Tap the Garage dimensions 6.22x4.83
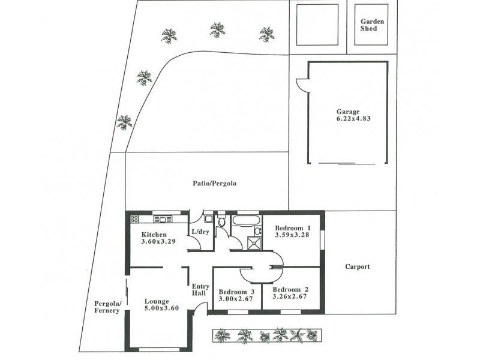pos(348,119)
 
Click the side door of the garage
pos(302,86)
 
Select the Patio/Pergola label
pos(211,184)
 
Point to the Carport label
pos(358,267)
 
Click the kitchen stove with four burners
pos(134,219)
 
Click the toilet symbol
pos(221,222)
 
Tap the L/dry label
pos(200,232)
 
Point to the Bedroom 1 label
pos(292,228)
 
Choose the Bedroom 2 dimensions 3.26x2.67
pos(291,296)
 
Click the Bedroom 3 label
pos(236,292)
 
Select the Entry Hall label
pos(200,289)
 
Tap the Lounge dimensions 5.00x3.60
pos(161,309)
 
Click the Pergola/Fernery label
pos(108,307)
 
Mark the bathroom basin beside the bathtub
pos(257,230)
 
